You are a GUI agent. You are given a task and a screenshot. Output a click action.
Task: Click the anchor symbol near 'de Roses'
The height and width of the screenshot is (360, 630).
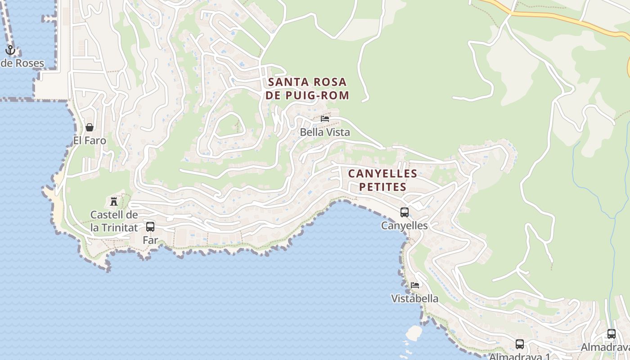[x=10, y=50]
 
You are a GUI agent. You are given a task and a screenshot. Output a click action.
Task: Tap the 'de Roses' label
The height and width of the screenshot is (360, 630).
[x=22, y=63]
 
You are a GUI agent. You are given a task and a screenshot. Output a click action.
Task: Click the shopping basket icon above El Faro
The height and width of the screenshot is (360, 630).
[x=90, y=127]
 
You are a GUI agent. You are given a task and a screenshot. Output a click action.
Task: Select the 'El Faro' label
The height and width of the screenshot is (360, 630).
[x=90, y=140]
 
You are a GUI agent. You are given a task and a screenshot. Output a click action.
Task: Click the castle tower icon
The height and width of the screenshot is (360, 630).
[x=114, y=201]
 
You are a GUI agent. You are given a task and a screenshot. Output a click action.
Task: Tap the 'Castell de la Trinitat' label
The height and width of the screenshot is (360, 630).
[x=114, y=221]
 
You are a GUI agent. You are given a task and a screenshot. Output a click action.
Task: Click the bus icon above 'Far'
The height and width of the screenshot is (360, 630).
[x=150, y=227]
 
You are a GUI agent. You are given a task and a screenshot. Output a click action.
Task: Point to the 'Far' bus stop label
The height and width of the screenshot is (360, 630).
[x=150, y=240]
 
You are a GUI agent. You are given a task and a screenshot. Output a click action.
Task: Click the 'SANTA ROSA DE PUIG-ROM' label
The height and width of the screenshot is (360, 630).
[x=307, y=89]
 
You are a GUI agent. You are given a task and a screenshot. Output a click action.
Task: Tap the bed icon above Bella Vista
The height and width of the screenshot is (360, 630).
[x=325, y=119]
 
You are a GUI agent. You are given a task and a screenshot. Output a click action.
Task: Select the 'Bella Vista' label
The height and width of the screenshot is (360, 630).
[x=325, y=132]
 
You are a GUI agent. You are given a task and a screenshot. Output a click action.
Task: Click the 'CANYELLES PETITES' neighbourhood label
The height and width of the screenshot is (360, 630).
[x=383, y=180]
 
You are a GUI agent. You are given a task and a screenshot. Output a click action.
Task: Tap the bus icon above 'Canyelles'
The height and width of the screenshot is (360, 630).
[x=405, y=212]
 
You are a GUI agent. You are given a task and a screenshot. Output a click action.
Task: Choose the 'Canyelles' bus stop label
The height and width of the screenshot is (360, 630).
[x=405, y=225]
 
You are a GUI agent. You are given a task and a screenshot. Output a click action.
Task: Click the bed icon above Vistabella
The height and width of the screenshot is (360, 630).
[x=415, y=285]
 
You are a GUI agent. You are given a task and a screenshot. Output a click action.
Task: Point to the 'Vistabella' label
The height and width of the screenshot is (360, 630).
[x=415, y=298]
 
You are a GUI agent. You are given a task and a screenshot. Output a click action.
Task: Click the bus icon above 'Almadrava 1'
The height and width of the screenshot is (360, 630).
[x=520, y=344]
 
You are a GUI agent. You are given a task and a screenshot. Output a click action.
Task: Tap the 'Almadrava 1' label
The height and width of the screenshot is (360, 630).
[x=520, y=356]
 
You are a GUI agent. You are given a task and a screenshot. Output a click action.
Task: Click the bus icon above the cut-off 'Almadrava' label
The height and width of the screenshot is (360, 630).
[x=612, y=334]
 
